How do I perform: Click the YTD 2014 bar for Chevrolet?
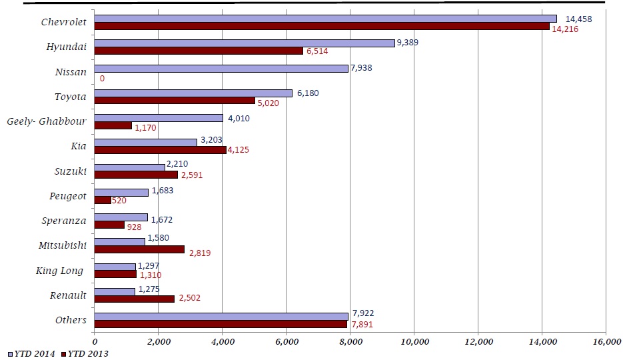coord(325,19)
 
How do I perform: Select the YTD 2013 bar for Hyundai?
coord(199,51)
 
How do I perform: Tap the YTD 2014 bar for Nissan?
coord(221,68)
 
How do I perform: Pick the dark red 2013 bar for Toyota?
coord(175,101)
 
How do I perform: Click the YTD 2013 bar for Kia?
coord(160,150)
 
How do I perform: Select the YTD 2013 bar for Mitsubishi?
coord(139,249)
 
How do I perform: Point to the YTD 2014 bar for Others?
coord(221,316)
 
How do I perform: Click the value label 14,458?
coord(578,19)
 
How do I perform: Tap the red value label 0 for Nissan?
coord(102,78)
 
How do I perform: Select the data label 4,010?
coord(239,118)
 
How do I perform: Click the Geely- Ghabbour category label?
coord(46,122)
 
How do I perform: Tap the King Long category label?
coord(60,271)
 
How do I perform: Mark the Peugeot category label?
coord(68,196)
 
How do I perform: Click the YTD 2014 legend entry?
coord(31,353)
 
